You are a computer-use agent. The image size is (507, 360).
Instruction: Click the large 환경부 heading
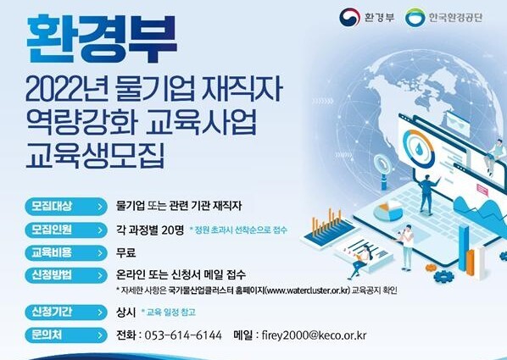pyautogui.click(x=102, y=38)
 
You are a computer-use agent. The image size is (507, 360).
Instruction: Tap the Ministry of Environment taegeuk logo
pyautogui.click(x=349, y=17)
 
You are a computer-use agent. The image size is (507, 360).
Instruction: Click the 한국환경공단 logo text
pyautogui.click(x=455, y=18)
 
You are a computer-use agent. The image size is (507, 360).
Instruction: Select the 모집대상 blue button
pyautogui.click(x=66, y=206)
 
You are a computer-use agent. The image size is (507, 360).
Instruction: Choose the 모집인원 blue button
pyautogui.click(x=66, y=230)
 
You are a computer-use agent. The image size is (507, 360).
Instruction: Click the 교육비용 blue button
pyautogui.click(x=66, y=252)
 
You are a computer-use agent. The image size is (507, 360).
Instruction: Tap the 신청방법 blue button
pyautogui.click(x=66, y=275)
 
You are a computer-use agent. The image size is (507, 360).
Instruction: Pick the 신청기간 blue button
pyautogui.click(x=66, y=313)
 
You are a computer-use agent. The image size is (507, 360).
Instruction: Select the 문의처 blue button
pyautogui.click(x=66, y=335)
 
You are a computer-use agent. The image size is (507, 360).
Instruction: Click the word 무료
pyautogui.click(x=126, y=252)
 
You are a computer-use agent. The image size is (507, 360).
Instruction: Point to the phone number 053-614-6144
pyautogui.click(x=183, y=335)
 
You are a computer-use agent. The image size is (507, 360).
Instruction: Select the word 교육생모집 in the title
pyautogui.click(x=96, y=155)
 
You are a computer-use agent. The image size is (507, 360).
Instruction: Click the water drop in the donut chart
pyautogui.click(x=420, y=148)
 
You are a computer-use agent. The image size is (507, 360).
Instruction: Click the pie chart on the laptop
pyautogui.click(x=388, y=210)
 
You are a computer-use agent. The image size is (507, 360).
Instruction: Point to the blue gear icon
pyautogui.click(x=443, y=276)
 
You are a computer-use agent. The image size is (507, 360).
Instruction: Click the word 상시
pyautogui.click(x=125, y=313)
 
